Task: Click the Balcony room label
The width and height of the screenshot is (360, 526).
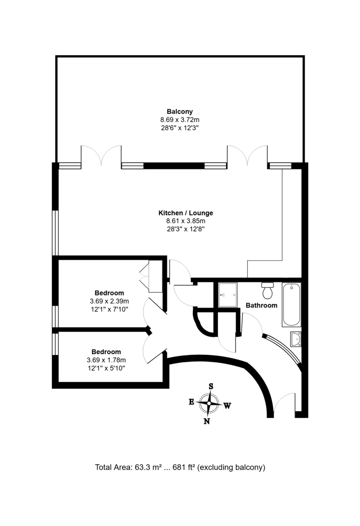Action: pyautogui.click(x=179, y=111)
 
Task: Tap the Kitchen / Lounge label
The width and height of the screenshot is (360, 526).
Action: pyautogui.click(x=185, y=213)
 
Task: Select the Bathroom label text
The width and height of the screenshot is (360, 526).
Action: pyautogui.click(x=261, y=305)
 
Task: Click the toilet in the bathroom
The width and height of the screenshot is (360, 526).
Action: pyautogui.click(x=267, y=290)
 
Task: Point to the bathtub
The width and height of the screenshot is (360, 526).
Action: pyautogui.click(x=292, y=305)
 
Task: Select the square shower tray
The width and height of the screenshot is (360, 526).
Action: pyautogui.click(x=228, y=295)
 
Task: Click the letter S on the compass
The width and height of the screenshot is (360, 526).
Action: pyautogui.click(x=211, y=386)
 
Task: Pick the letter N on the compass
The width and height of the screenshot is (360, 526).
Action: pyautogui.click(x=207, y=422)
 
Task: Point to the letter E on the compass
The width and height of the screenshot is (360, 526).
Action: pyautogui.click(x=191, y=402)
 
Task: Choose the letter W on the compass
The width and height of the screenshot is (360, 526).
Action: pyautogui.click(x=227, y=406)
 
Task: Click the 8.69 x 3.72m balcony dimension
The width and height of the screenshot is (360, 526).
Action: pyautogui.click(x=179, y=120)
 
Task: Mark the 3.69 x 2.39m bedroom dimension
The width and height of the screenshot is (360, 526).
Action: pyautogui.click(x=109, y=301)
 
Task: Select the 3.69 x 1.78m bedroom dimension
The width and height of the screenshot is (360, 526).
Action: pyautogui.click(x=106, y=360)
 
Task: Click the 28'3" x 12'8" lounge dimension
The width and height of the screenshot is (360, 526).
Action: pyautogui.click(x=185, y=229)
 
